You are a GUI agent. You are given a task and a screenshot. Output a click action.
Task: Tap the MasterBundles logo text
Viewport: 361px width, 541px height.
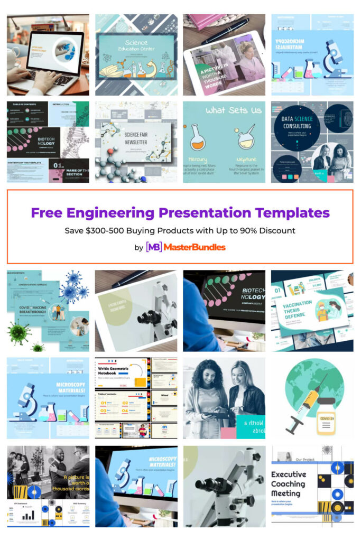194,247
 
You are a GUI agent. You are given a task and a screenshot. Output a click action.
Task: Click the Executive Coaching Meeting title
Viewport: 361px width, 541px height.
289,483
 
